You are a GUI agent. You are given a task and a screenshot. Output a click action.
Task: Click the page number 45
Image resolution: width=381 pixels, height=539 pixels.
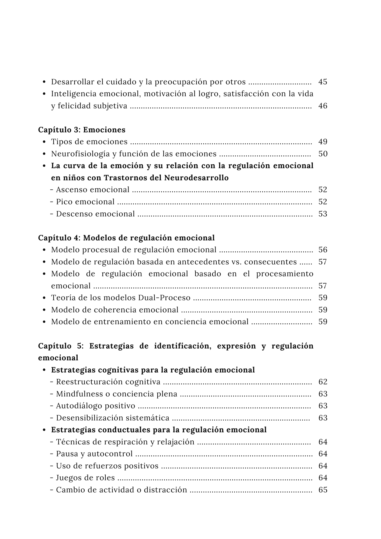(x=323, y=82)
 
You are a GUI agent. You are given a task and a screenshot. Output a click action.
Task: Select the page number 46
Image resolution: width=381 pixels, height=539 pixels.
(x=323, y=106)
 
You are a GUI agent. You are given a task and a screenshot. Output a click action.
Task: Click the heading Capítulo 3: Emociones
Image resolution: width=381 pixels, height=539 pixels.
(x=82, y=130)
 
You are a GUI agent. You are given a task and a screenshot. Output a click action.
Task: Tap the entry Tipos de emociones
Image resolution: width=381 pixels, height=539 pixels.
(x=89, y=142)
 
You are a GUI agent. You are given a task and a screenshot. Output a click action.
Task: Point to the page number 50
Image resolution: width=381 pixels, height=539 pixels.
(x=323, y=154)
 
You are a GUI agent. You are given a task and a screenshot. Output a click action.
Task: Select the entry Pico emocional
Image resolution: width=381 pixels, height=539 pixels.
(x=85, y=202)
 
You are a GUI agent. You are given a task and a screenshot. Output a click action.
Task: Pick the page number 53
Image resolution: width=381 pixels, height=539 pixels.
(x=323, y=214)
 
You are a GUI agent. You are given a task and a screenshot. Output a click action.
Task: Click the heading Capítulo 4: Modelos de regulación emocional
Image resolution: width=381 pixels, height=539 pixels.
(x=126, y=238)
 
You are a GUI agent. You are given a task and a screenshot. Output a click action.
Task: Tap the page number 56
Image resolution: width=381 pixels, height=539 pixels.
(x=323, y=250)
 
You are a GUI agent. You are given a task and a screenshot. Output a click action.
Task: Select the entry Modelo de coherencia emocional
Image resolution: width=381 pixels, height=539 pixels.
(x=115, y=310)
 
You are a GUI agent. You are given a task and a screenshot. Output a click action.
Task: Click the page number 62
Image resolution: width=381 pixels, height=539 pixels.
(x=323, y=382)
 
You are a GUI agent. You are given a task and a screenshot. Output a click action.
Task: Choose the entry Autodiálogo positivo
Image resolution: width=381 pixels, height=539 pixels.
(x=95, y=406)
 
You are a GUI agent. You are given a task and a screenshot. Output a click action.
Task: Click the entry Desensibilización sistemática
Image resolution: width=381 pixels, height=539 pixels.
(x=113, y=418)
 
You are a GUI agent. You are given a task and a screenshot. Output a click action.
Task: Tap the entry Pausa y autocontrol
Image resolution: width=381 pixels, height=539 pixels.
(x=94, y=454)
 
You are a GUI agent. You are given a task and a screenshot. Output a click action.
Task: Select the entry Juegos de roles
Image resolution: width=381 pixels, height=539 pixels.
(x=85, y=478)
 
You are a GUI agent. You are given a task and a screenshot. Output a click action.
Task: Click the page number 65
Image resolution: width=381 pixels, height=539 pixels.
(x=323, y=490)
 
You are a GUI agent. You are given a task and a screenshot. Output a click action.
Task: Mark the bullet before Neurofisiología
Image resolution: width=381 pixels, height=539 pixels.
(x=44, y=154)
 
